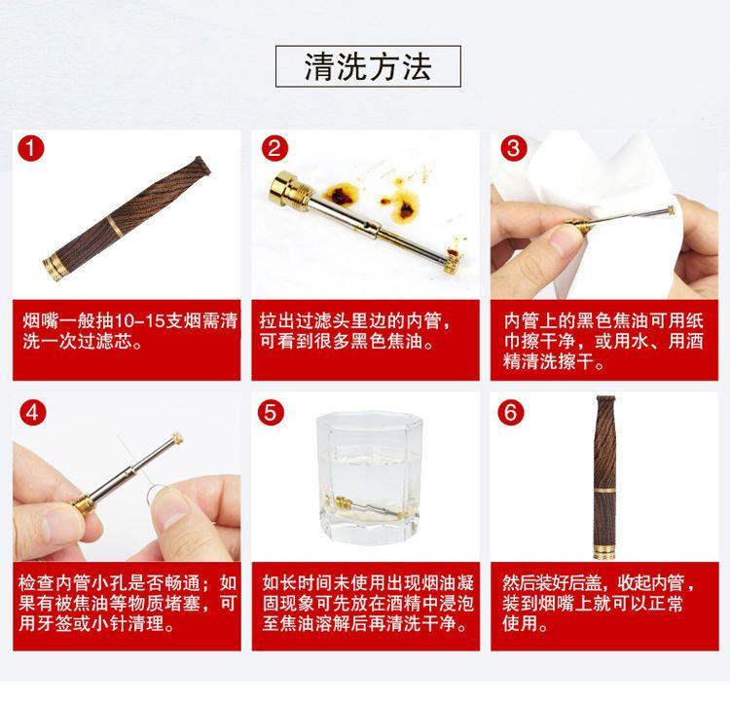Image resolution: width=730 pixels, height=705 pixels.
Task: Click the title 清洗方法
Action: pos(368,66)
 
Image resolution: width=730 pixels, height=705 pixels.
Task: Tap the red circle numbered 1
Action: pos(31,149)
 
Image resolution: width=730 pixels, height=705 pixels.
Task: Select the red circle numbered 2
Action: pos(274,149)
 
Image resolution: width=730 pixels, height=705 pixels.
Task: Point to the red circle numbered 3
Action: pos(514,149)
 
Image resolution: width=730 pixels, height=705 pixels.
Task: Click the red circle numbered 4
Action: pos(32,413)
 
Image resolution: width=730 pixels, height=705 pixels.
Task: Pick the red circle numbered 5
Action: pos(271,413)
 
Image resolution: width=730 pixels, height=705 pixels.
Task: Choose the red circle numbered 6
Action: pos(511,413)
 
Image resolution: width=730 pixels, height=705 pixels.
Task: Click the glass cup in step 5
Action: pos(370,477)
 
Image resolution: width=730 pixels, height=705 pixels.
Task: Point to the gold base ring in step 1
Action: pos(52,268)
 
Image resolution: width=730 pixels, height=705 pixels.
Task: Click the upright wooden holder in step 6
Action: pos(605,476)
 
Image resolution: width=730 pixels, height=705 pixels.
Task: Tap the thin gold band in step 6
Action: pos(605,491)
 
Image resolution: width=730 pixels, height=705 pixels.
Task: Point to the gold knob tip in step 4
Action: pos(177,438)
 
